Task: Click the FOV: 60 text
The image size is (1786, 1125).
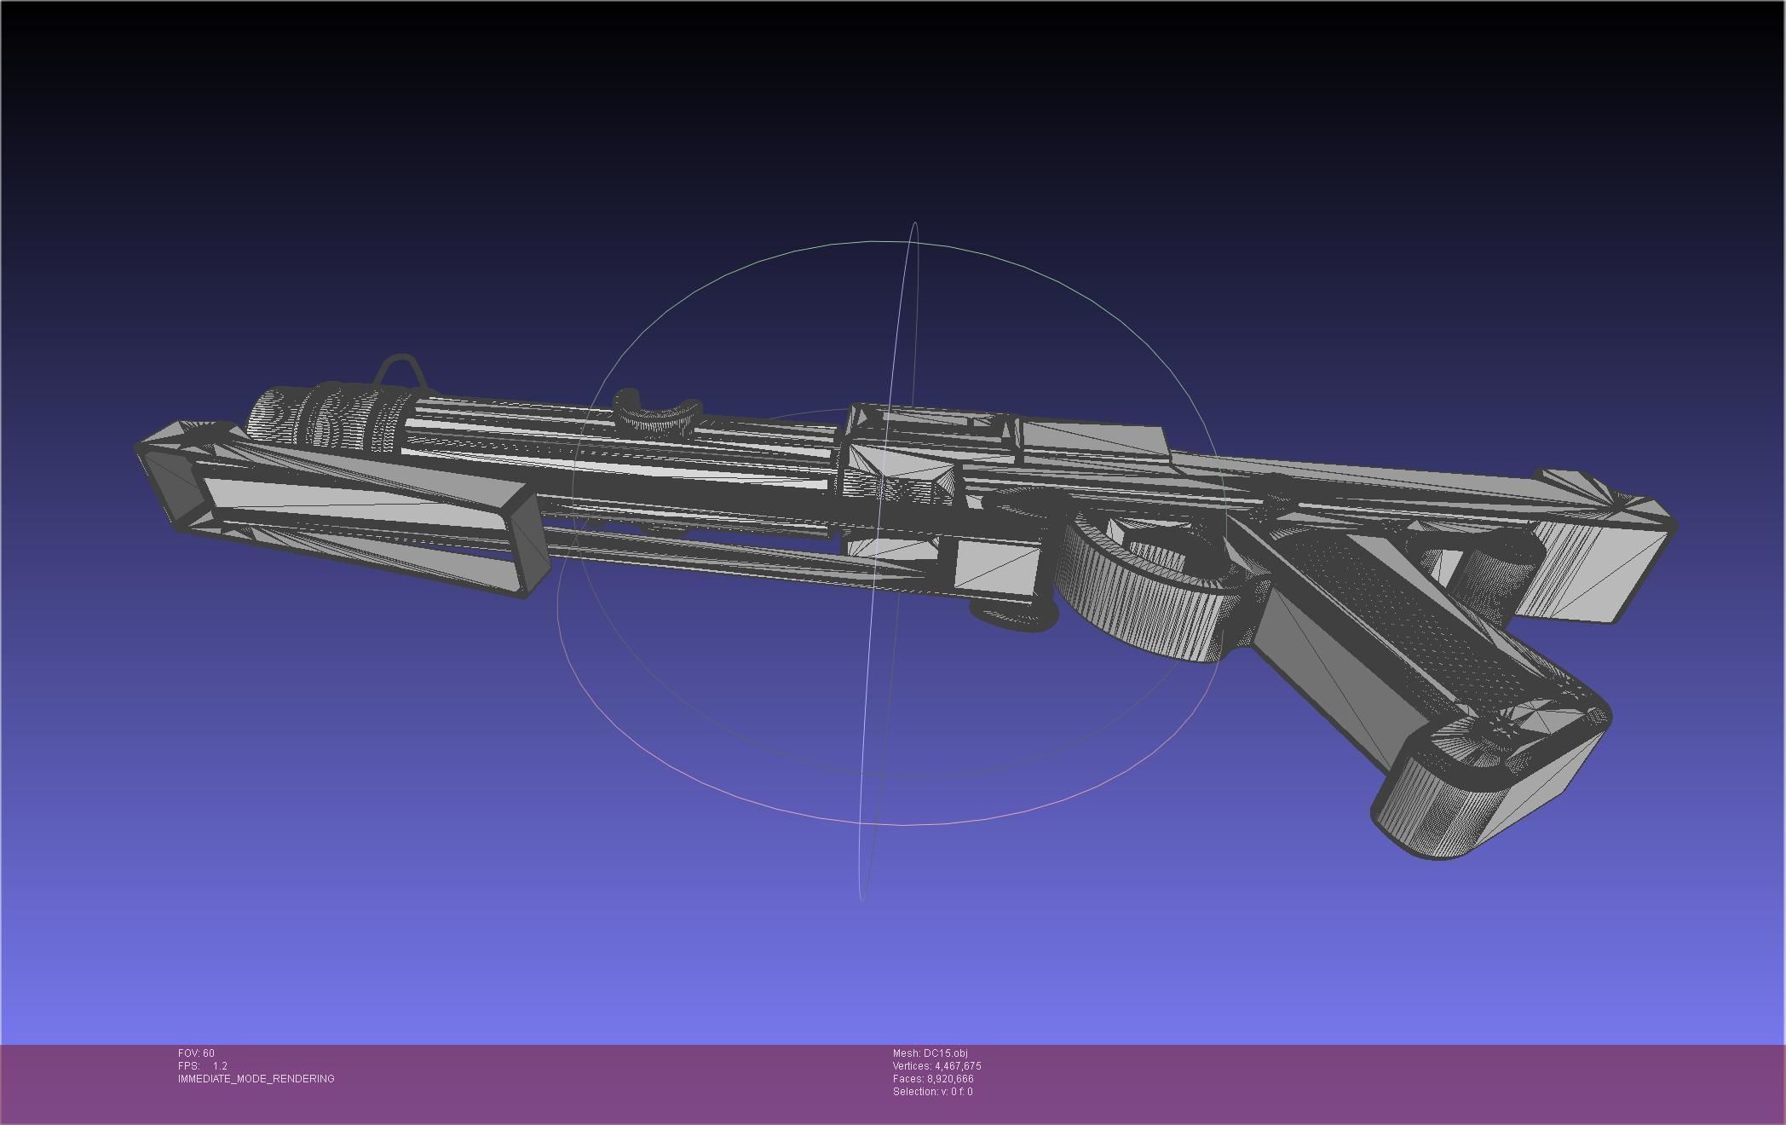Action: [196, 1053]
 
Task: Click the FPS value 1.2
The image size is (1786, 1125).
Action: [220, 1066]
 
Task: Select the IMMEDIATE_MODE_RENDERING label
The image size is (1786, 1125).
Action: [256, 1079]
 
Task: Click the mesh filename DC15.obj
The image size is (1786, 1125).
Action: [945, 1053]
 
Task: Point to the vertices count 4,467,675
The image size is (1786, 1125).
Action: [958, 1066]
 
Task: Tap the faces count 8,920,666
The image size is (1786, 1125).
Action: [950, 1079]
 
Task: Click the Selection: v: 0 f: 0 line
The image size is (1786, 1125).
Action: [932, 1092]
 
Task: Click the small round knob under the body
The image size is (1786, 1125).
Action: [1014, 617]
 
